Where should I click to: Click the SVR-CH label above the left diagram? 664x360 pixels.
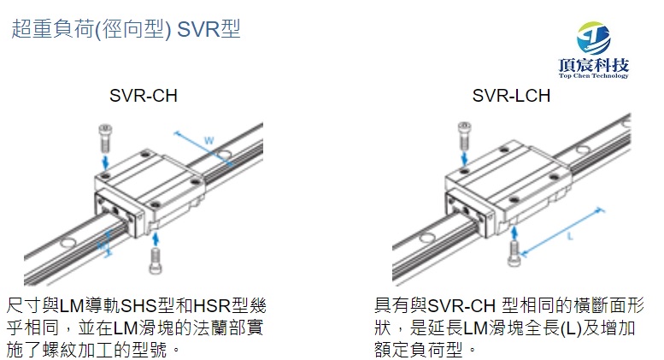pos(144,96)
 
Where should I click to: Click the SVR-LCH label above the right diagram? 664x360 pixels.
pos(511,96)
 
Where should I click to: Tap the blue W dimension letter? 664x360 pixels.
pos(209,140)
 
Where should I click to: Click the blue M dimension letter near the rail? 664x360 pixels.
pos(102,245)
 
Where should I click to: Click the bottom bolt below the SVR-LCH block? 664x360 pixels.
pos(514,250)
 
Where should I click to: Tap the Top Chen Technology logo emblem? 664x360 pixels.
pos(593,38)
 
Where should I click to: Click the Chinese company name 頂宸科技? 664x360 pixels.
pos(593,65)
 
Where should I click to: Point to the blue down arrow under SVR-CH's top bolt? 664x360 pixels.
pos(104,160)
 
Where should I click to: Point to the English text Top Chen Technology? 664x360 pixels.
pos(593,76)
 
